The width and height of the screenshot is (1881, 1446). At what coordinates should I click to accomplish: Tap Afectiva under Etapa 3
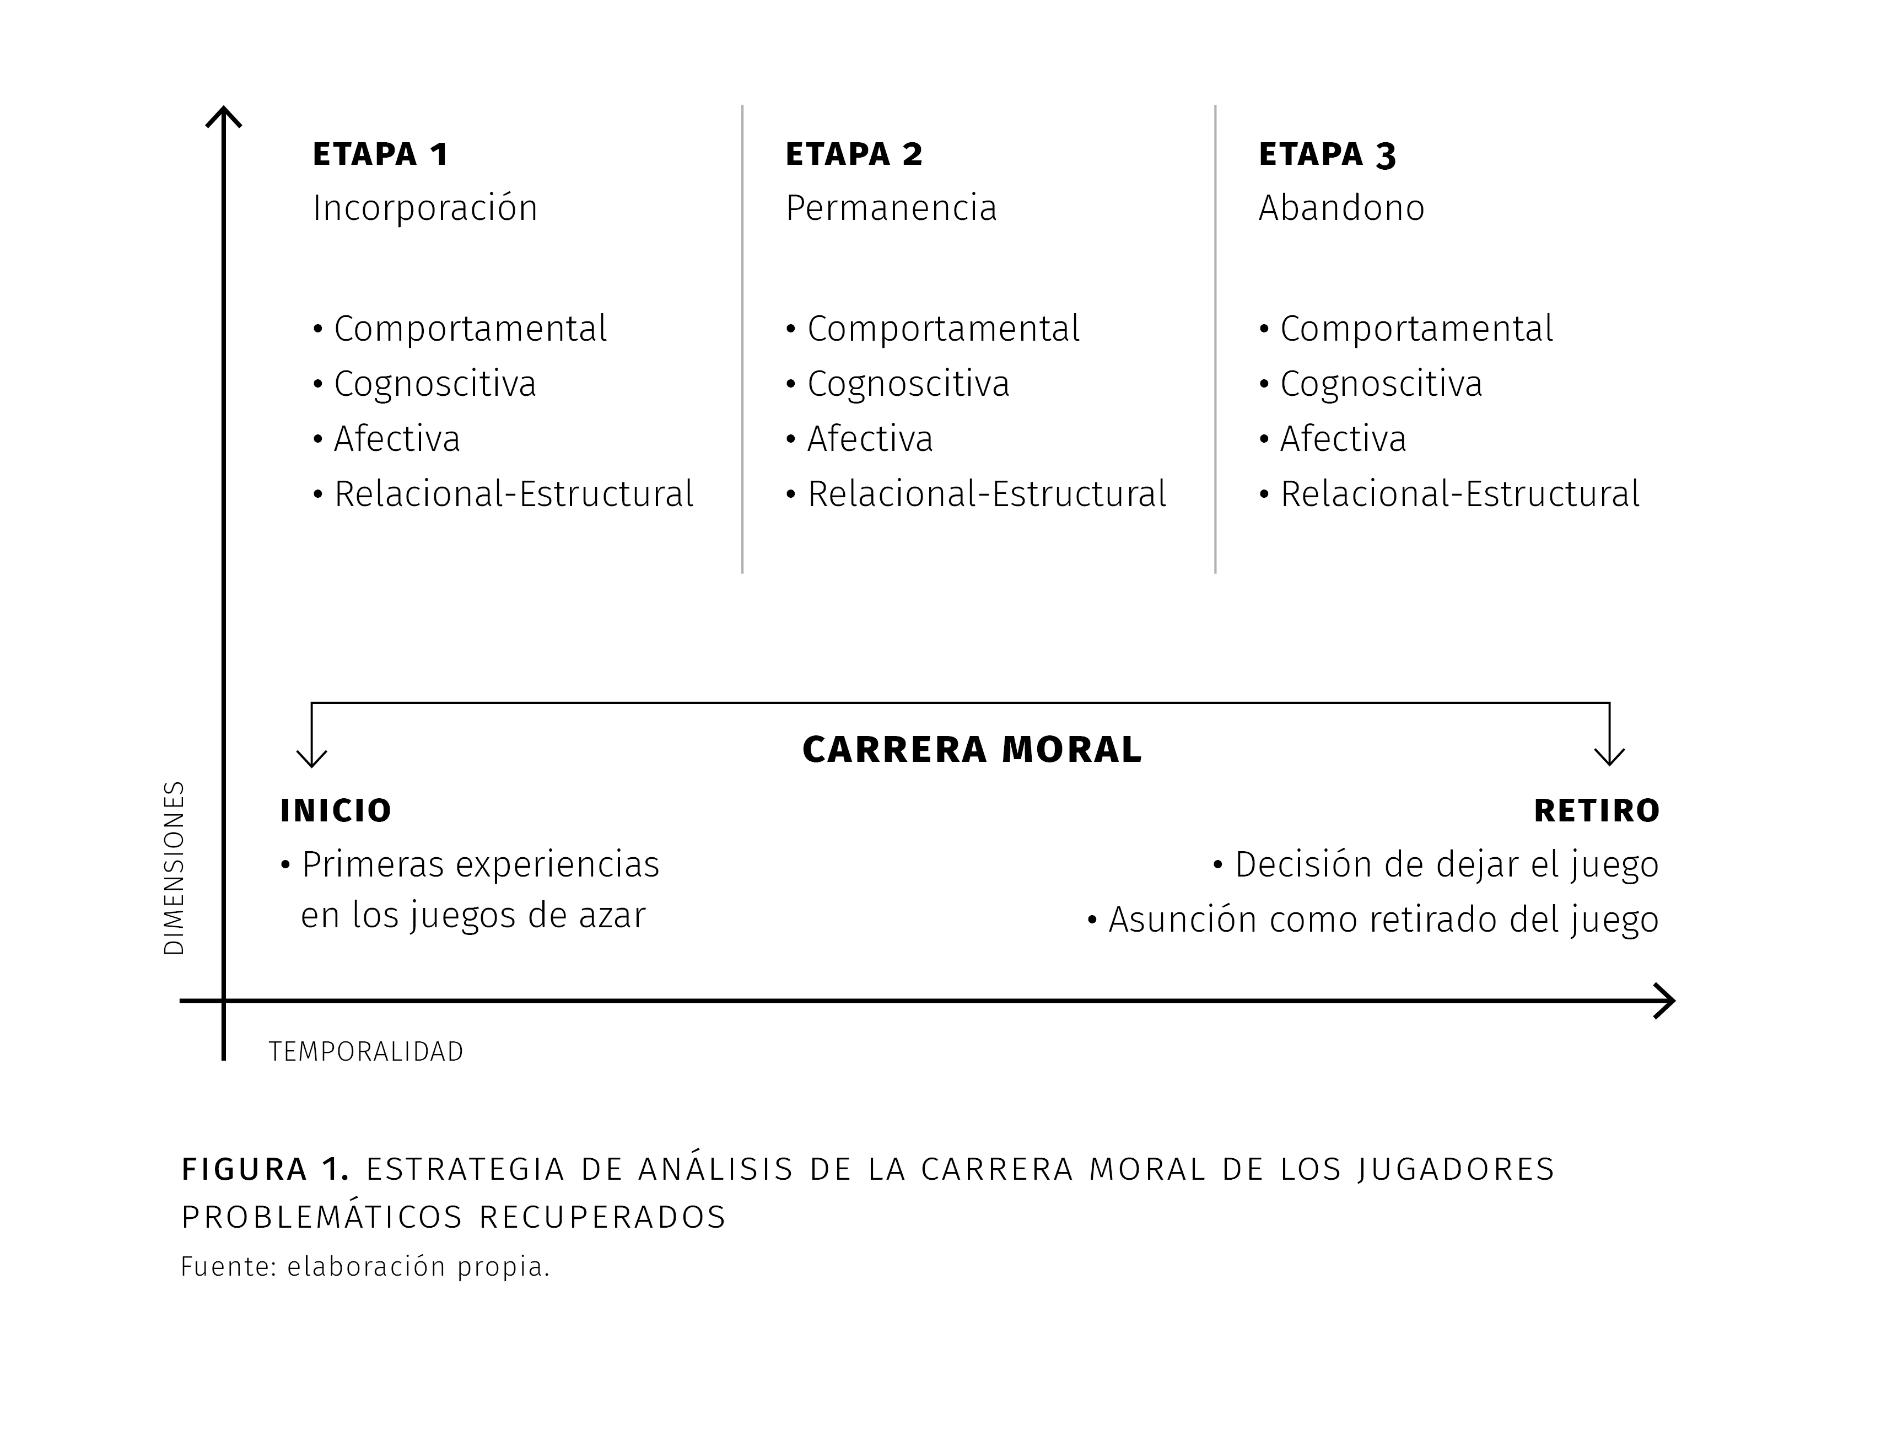click(x=1343, y=439)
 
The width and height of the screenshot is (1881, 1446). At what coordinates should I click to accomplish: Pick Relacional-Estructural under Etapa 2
click(x=987, y=494)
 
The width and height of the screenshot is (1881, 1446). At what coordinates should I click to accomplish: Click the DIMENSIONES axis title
click(x=174, y=868)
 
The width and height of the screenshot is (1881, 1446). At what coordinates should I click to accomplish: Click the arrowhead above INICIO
click(x=311, y=757)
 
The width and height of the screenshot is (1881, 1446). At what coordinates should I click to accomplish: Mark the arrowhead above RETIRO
click(x=1609, y=757)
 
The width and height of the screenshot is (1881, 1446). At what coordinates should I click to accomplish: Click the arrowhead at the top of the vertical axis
click(x=224, y=115)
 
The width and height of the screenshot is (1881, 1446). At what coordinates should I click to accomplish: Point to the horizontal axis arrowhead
click(x=1665, y=1001)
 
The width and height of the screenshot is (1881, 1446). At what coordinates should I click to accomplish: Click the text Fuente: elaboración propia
click(x=365, y=1267)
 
